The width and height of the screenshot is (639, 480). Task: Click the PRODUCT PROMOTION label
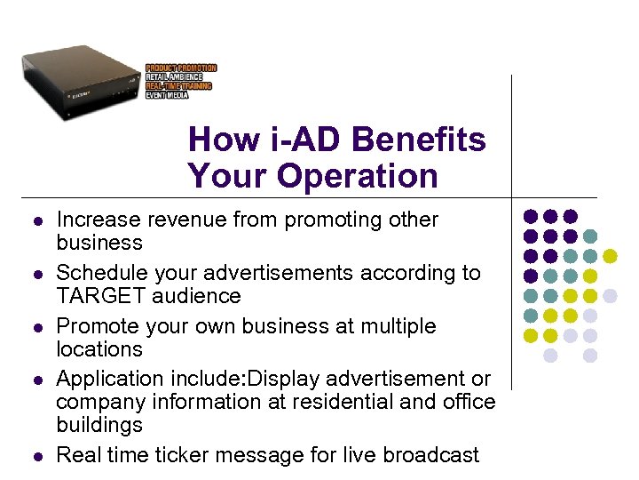[x=181, y=68]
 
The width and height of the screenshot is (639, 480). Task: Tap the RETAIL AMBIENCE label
[x=174, y=77]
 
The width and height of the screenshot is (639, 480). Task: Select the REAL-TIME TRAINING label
[x=178, y=86]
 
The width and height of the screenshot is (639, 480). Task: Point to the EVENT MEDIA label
[x=167, y=95]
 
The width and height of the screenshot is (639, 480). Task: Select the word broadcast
[x=432, y=455]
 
